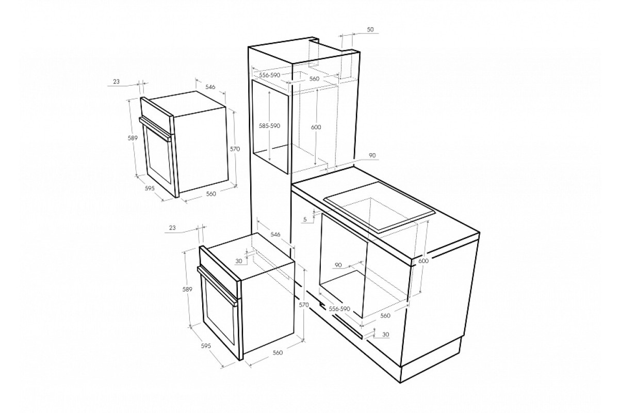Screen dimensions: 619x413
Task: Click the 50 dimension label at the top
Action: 370,29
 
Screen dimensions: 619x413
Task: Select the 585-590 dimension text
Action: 269,126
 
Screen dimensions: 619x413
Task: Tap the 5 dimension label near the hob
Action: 305,219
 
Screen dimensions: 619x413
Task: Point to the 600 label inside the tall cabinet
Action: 316,127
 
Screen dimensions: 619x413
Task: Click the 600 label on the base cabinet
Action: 423,261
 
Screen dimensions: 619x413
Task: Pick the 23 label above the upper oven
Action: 117,82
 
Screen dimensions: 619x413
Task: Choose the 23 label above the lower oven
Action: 172,228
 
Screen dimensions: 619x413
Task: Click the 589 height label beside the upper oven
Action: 133,138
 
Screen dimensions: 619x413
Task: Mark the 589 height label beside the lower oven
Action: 187,289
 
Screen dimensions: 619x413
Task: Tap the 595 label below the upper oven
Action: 150,188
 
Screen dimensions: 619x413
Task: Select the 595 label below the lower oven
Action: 206,346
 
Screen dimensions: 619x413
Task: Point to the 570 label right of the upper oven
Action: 235,149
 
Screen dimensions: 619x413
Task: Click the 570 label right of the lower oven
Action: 304,305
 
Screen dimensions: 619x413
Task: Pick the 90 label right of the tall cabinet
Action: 372,155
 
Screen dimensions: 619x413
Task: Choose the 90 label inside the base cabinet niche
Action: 338,265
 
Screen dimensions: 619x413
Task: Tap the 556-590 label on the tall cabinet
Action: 270,75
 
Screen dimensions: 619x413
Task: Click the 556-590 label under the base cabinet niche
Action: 339,309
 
